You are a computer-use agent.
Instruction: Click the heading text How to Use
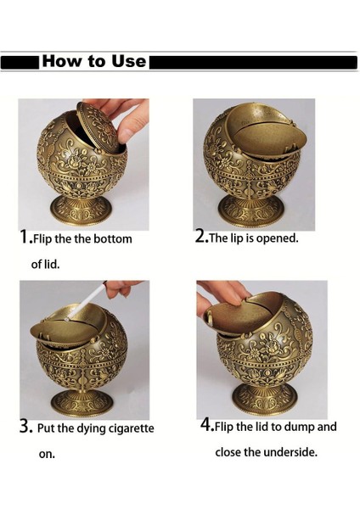(x=93, y=62)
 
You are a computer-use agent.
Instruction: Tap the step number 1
(x=25, y=238)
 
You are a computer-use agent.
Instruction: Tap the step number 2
(x=201, y=237)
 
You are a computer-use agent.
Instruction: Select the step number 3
(x=25, y=427)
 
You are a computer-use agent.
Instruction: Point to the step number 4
(x=206, y=425)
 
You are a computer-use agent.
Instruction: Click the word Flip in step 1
(x=48, y=239)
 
